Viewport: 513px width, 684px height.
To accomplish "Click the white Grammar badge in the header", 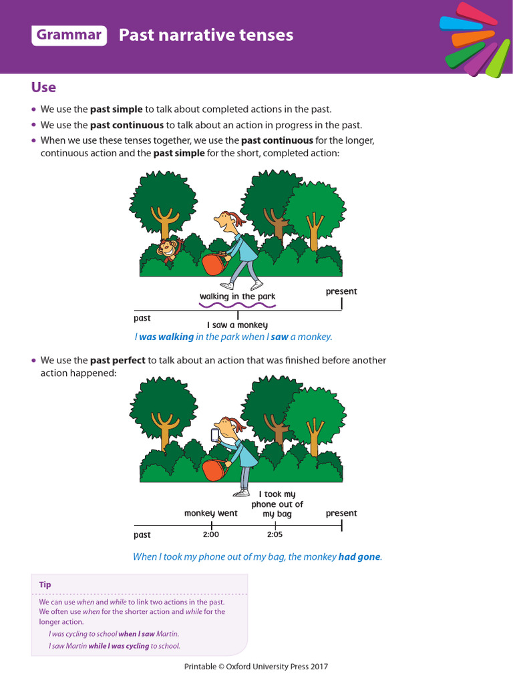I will [x=69, y=35].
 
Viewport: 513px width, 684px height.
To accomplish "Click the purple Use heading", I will [x=43, y=88].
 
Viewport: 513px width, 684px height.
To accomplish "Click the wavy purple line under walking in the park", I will [x=237, y=305].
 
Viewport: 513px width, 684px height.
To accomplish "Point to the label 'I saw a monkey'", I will [x=237, y=325].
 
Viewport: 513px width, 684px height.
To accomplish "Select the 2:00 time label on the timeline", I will [x=210, y=535].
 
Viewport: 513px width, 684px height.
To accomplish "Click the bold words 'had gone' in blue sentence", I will [x=359, y=556].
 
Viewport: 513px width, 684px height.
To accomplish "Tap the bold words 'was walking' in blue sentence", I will [x=166, y=337].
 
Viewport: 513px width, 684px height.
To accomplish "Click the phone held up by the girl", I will [x=215, y=436].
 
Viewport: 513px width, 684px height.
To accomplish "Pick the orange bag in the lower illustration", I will [x=214, y=471].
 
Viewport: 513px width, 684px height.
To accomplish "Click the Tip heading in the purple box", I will [x=45, y=584].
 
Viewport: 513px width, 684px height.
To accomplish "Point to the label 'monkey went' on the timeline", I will [x=210, y=514].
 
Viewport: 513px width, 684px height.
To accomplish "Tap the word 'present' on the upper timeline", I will [x=341, y=291].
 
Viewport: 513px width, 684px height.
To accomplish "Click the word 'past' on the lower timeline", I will [x=142, y=535].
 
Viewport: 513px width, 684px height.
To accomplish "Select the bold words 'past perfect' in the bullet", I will [x=118, y=361].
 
